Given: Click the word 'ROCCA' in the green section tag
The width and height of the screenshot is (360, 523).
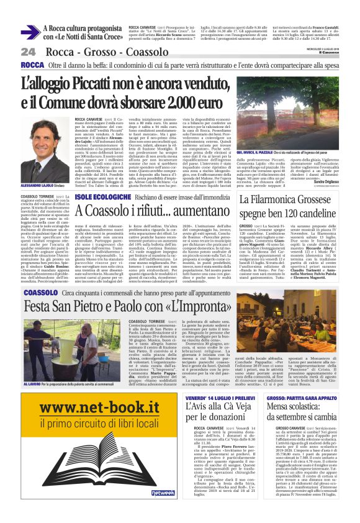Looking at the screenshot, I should pyautogui.click(x=32, y=65).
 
